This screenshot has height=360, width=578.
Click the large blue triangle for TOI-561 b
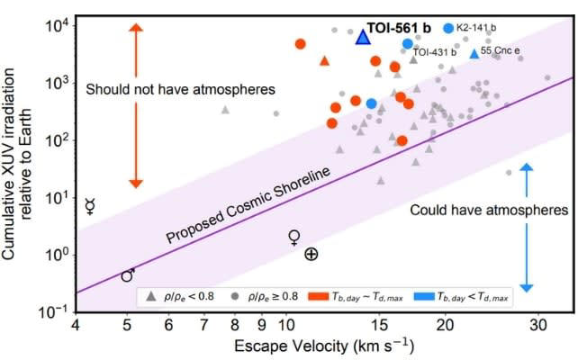click(x=362, y=37)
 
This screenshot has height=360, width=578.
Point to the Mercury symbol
click(x=90, y=206)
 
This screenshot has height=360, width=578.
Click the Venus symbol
click(x=294, y=237)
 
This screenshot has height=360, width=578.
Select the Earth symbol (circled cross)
click(x=311, y=255)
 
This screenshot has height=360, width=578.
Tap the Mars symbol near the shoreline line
click(x=128, y=275)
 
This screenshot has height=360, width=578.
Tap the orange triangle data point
click(x=325, y=61)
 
